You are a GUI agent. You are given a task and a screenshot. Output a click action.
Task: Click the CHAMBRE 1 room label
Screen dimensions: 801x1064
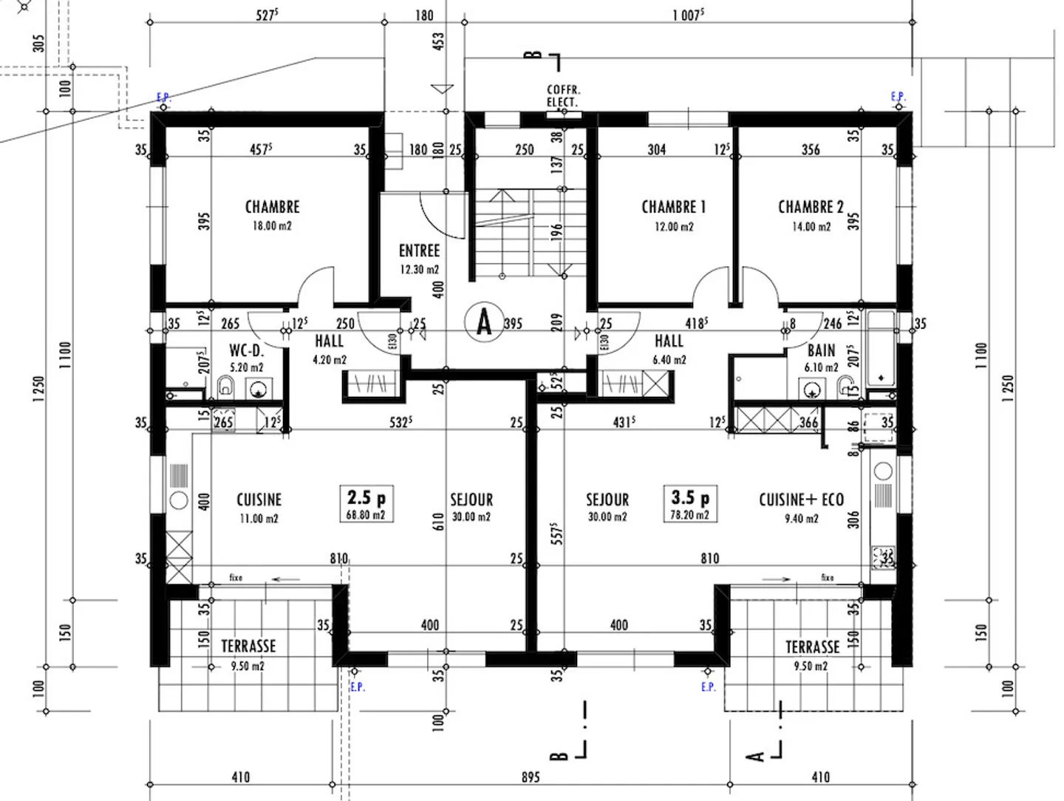[673, 207]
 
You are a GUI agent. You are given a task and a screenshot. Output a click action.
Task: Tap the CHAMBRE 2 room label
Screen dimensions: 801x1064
[811, 207]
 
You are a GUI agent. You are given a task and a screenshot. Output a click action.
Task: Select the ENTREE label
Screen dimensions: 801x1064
[419, 251]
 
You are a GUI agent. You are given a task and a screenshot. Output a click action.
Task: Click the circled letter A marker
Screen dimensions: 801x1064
[484, 322]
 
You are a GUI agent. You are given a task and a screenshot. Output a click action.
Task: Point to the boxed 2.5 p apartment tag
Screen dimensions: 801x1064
[366, 503]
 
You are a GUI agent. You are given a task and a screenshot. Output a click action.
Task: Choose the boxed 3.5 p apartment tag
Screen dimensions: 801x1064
[689, 503]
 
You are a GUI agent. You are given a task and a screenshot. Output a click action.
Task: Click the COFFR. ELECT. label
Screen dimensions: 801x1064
[563, 96]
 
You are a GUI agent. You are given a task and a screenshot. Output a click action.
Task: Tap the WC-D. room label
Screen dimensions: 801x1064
[246, 350]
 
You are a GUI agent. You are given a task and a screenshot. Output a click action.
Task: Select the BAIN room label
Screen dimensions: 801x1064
[821, 350]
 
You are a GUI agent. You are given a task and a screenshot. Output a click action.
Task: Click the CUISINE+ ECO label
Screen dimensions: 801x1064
[801, 500]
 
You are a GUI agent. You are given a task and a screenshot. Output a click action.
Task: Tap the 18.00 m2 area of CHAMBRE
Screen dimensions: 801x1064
[272, 226]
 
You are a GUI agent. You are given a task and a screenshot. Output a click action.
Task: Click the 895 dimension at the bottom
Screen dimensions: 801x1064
[531, 777]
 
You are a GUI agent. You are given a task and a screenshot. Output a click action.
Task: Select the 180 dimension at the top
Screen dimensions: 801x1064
[424, 16]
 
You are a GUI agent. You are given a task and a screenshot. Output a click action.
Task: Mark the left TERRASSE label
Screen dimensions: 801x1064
[248, 647]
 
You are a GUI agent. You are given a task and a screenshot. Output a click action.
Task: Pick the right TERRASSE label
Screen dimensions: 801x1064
[812, 647]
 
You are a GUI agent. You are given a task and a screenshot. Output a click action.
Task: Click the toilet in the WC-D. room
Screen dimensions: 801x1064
[226, 386]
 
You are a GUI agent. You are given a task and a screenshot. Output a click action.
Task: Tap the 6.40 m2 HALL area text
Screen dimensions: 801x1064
[669, 360]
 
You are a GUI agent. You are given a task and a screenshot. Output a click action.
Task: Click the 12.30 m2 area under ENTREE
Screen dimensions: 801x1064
[419, 270]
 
